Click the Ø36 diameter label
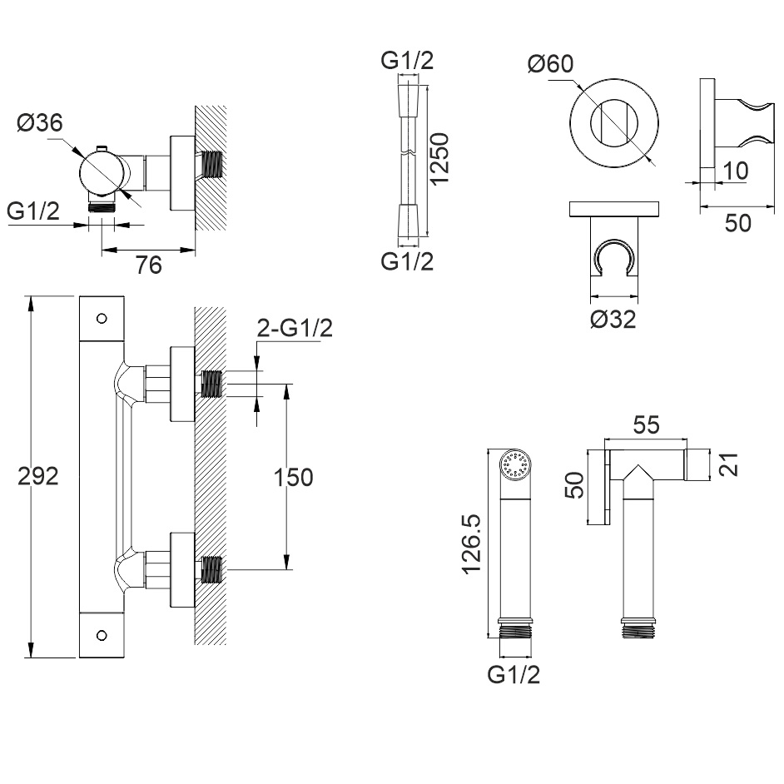pyautogui.click(x=39, y=122)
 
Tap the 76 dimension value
pyautogui.click(x=147, y=265)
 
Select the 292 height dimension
pyautogui.click(x=42, y=477)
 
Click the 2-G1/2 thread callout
pyautogui.click(x=294, y=328)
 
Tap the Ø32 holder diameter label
pyautogui.click(x=613, y=319)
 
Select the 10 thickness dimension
pyautogui.click(x=736, y=171)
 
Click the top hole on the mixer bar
pyautogui.click(x=102, y=318)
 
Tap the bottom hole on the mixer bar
pyautogui.click(x=102, y=636)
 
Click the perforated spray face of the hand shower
pyautogui.click(x=515, y=464)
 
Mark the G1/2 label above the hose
pyautogui.click(x=407, y=61)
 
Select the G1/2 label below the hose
pyautogui.click(x=407, y=261)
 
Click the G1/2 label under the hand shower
pyautogui.click(x=514, y=674)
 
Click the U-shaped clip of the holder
pyautogui.click(x=615, y=256)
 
